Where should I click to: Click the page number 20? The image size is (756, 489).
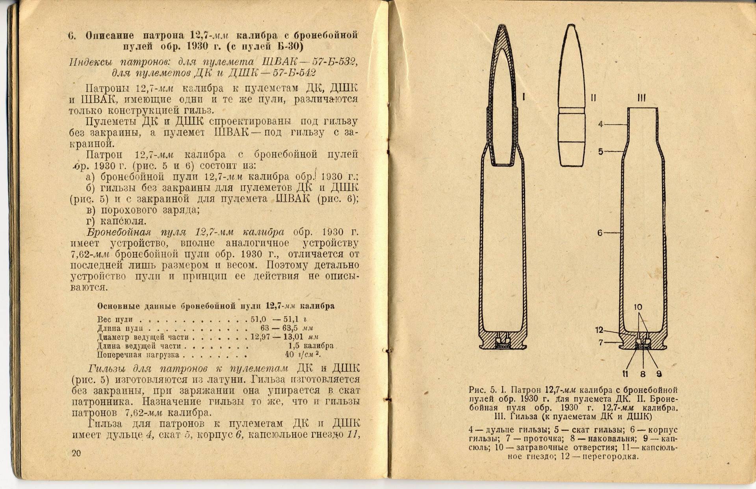coord(76,453)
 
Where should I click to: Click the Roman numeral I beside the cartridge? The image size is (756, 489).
coord(524,97)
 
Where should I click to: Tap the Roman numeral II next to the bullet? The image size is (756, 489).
coord(593,98)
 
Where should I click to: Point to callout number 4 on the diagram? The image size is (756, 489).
coord(600,124)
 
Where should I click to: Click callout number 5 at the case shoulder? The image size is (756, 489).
coord(600,151)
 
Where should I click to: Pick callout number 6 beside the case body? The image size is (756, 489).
coord(600,233)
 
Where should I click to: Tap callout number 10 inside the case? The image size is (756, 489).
coord(638,307)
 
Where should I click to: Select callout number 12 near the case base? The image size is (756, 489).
coord(599,330)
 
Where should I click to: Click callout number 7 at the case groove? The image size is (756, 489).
coord(601,343)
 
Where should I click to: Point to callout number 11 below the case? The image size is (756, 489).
coord(626,374)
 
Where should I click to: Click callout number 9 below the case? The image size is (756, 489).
coord(659,374)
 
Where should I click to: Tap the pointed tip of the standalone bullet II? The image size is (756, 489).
coord(570,26)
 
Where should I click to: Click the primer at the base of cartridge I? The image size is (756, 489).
coord(503,346)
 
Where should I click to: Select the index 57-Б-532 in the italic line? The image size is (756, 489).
coord(334,62)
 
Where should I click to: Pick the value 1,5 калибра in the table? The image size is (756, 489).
coord(311,346)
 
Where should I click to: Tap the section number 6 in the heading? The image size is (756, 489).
coord(71,35)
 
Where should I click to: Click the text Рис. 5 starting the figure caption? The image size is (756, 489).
coord(483,390)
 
